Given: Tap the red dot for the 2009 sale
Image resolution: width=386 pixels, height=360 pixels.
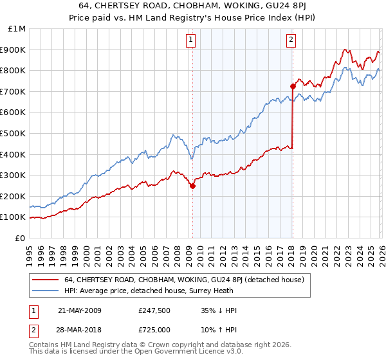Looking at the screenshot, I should click(x=192, y=186).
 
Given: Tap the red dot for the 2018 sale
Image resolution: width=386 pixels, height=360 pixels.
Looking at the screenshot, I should click(x=293, y=85).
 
